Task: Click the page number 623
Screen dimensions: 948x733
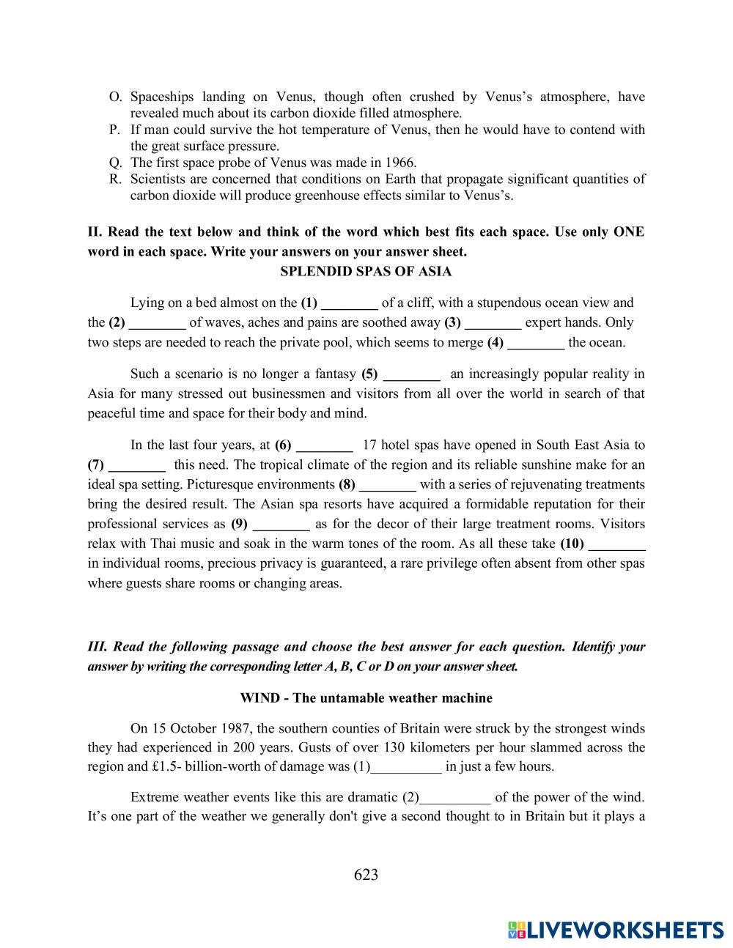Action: tap(366, 874)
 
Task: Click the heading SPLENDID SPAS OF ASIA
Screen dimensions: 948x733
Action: tap(366, 272)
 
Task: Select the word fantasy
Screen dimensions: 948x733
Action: tap(334, 374)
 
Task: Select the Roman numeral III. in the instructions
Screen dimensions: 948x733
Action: tap(97, 647)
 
